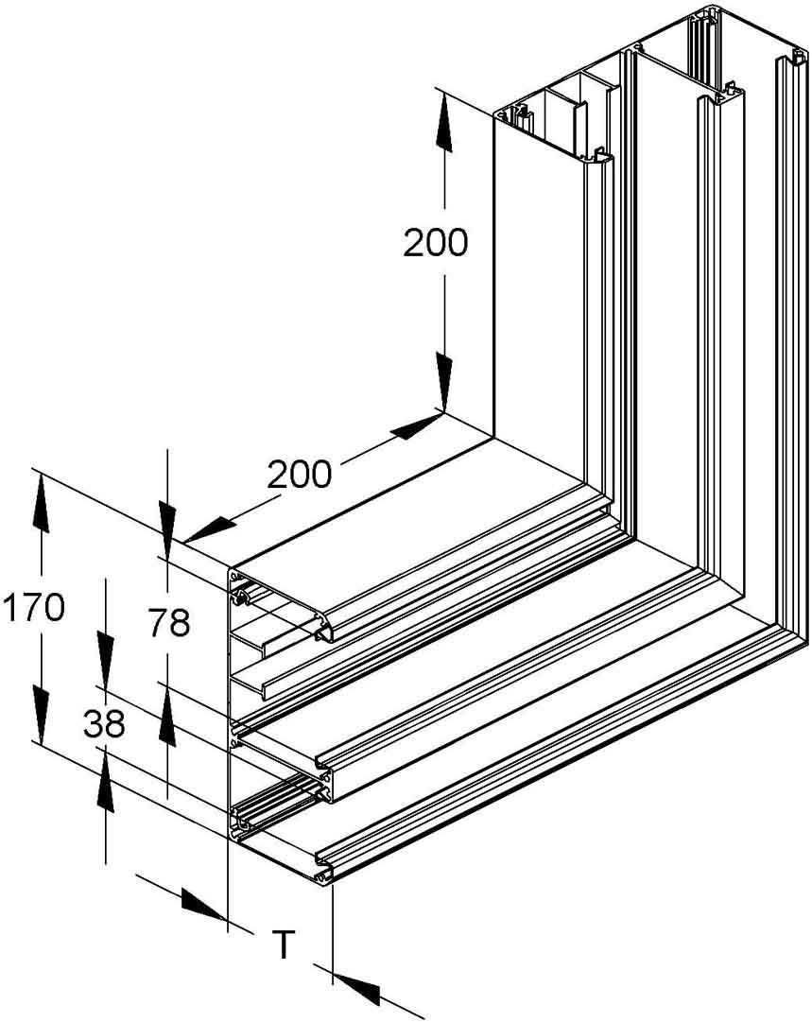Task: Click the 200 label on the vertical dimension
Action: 435,243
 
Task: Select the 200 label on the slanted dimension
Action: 299,474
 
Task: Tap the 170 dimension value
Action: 32,607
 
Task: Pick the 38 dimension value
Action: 104,724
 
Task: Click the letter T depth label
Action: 283,943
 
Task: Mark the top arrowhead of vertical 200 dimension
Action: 441,117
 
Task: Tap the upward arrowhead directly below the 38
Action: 104,784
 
